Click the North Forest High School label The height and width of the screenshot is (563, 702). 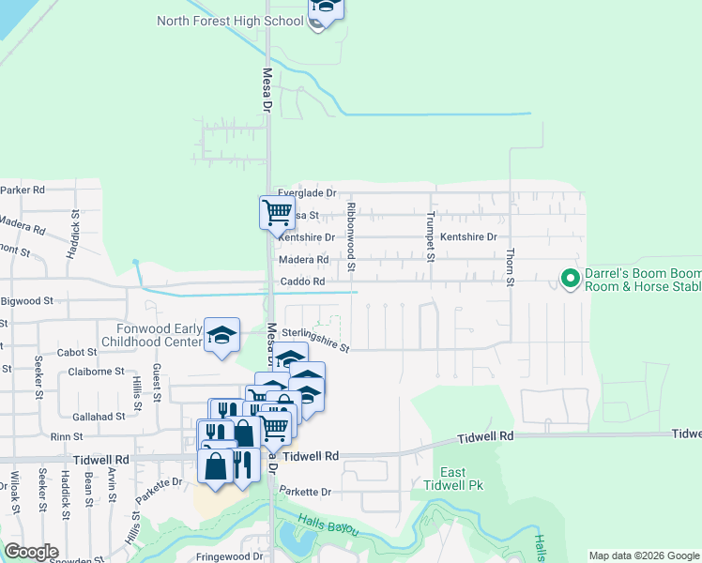(x=230, y=21)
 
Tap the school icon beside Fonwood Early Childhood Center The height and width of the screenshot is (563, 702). (x=221, y=335)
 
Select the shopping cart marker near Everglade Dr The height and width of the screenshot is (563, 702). (x=277, y=212)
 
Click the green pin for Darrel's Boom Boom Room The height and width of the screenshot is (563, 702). (x=569, y=278)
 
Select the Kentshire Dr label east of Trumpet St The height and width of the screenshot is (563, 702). (x=468, y=237)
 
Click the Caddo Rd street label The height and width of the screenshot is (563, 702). (x=302, y=281)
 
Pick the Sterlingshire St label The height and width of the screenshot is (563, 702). (x=314, y=338)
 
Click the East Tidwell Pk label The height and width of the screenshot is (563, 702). (x=453, y=479)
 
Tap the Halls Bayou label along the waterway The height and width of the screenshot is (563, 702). (x=329, y=525)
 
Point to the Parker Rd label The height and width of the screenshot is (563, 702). (x=23, y=190)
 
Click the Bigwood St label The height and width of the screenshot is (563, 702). (x=27, y=302)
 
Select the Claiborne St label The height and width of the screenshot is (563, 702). (x=97, y=372)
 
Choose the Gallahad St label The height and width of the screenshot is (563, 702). (x=99, y=416)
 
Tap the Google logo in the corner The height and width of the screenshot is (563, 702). (x=31, y=552)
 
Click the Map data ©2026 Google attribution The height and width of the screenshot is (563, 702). (x=644, y=555)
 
